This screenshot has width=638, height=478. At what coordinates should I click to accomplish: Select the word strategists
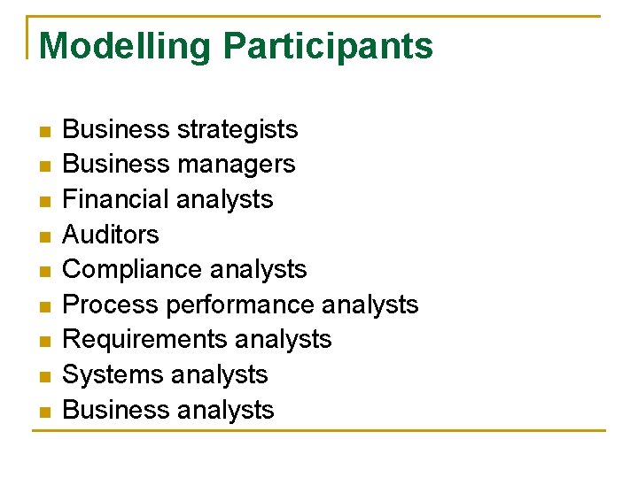(237, 130)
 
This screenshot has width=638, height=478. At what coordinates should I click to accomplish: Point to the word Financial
(113, 199)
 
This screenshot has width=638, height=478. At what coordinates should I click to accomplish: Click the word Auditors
(111, 235)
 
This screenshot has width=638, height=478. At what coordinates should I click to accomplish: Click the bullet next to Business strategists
(44, 131)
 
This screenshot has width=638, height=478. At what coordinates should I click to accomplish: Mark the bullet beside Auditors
(44, 236)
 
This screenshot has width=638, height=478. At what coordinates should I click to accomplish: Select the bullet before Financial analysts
(44, 201)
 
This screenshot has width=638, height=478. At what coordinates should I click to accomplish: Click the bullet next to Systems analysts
(44, 376)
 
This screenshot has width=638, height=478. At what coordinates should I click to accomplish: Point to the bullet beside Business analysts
(44, 411)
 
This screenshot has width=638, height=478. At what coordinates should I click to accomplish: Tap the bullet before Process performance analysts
(44, 306)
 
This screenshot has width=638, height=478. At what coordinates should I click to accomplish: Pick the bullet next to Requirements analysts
(44, 341)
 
